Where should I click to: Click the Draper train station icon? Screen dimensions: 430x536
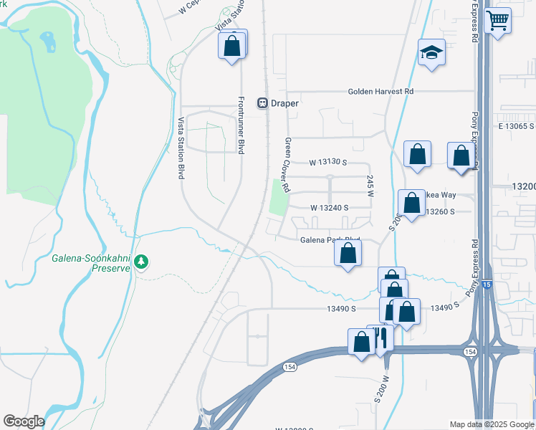click(263, 103)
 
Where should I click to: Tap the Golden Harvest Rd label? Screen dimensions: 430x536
click(381, 92)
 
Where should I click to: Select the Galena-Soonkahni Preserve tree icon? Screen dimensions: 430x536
click(142, 262)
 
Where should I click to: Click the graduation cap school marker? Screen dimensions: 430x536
click(431, 53)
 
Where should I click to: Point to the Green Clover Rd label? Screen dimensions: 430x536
click(287, 165)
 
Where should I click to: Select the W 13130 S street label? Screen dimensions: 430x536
click(328, 163)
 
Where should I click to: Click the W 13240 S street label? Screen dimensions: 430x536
click(329, 208)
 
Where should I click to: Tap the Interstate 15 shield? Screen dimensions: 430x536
click(487, 285)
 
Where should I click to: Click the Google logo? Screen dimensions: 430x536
click(24, 421)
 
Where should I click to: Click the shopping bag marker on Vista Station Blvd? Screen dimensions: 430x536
click(232, 46)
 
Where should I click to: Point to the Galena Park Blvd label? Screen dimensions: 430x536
click(329, 240)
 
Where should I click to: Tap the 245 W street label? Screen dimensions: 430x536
click(370, 186)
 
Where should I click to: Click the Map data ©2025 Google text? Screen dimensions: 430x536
click(492, 424)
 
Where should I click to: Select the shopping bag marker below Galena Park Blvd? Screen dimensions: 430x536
click(348, 254)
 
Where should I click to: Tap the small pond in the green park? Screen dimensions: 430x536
click(48, 42)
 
